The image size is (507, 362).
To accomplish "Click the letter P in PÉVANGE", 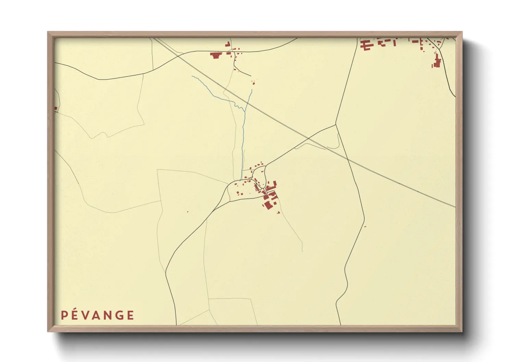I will coord(64,315).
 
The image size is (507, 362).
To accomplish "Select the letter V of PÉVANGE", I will coord(88,315).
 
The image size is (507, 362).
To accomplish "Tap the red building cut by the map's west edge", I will coord(55,108).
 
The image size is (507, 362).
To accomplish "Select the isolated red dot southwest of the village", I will coord(187,212).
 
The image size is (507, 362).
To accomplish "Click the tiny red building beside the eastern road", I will coord(365,227).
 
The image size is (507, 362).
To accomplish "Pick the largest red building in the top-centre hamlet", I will coord(215,55).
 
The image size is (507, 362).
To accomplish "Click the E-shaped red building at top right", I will coord(367,45).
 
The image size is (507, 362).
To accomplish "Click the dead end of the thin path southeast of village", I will coord(303,252).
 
